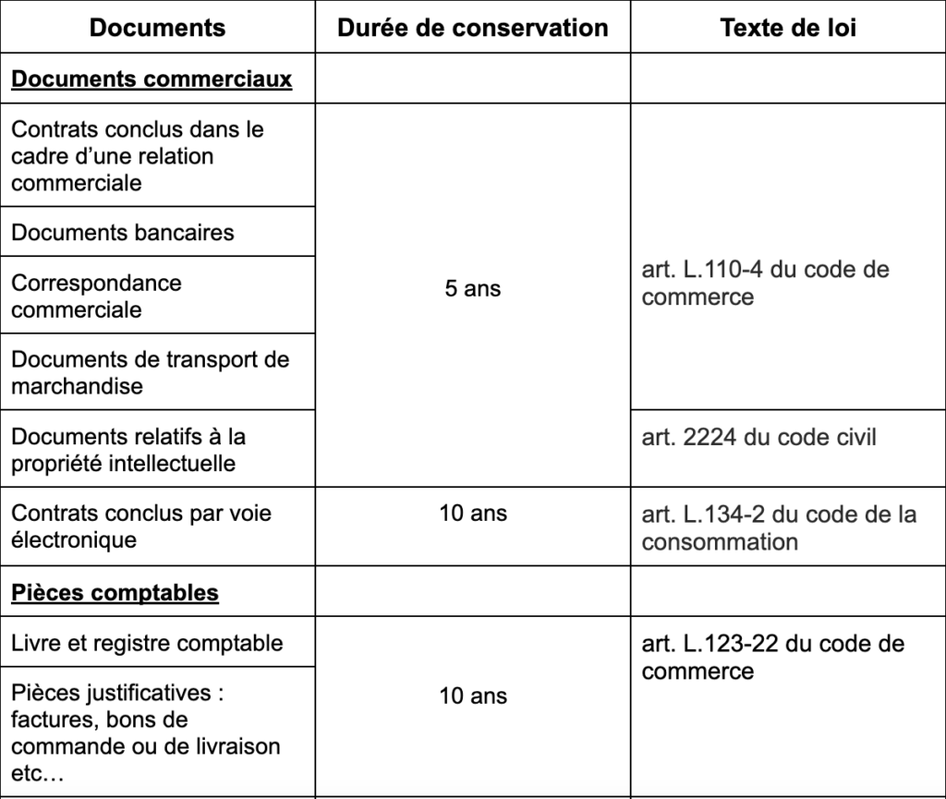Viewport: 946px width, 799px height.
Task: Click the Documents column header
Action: point(157,28)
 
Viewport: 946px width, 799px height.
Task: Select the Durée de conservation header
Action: point(472,28)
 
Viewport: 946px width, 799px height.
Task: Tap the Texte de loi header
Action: point(788,28)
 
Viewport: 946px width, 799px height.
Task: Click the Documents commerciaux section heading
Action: point(152,79)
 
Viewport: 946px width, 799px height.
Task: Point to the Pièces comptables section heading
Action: point(115,592)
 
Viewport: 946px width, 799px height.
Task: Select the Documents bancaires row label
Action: point(123,232)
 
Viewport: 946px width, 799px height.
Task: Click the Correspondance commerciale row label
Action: point(96,296)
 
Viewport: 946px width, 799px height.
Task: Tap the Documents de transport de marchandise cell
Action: point(150,372)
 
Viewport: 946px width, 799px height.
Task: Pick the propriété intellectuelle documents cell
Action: point(128,449)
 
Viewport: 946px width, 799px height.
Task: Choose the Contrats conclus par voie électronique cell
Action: point(141,526)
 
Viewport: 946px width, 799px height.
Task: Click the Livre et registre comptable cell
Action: point(147,643)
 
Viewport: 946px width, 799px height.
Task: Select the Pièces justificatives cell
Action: point(145,732)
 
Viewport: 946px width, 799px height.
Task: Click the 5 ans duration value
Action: point(472,289)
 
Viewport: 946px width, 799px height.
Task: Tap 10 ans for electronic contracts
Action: point(472,513)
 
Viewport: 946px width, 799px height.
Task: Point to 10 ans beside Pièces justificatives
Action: point(472,696)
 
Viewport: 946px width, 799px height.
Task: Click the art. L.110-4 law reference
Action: point(765,284)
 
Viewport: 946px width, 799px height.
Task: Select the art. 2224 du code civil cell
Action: point(758,436)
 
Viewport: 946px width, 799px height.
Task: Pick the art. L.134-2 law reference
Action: point(779,527)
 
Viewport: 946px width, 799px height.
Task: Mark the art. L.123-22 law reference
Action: point(772,657)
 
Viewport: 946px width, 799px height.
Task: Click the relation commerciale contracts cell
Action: point(138,155)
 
